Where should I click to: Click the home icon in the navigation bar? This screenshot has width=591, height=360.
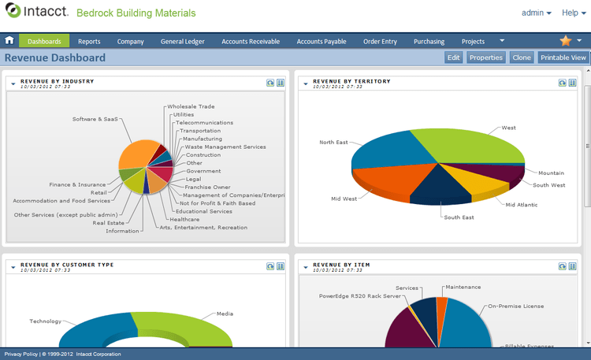tap(9, 41)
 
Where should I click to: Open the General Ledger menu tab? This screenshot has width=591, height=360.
tap(183, 42)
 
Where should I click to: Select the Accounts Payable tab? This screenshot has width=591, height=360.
tap(322, 42)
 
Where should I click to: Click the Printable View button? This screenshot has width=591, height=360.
tap(563, 58)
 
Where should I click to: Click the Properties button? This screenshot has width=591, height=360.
tap(485, 58)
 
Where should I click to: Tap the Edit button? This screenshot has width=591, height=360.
tap(453, 58)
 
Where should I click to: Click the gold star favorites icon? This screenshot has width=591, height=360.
tap(566, 41)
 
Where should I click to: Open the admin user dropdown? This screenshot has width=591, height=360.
tap(536, 13)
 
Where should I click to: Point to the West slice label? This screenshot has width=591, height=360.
tap(509, 128)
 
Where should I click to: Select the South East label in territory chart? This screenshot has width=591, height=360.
tap(459, 217)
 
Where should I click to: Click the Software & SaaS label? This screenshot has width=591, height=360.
tap(95, 120)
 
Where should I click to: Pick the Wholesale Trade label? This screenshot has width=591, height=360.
tap(191, 106)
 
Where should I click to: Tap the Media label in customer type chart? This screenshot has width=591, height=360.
tap(225, 314)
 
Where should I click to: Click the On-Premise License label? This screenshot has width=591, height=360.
tap(515, 306)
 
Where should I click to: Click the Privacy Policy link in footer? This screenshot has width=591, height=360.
tap(20, 354)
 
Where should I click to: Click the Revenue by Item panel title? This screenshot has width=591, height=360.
tap(341, 265)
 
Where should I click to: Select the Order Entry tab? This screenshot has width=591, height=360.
tap(380, 42)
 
